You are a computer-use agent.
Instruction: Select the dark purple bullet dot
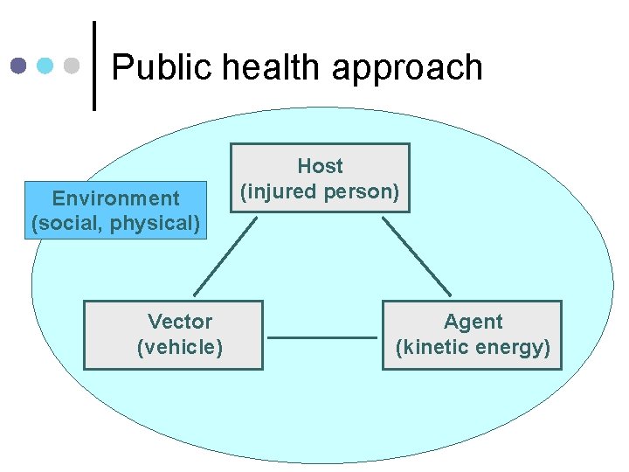(x=19, y=66)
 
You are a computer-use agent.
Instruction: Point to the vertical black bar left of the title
(x=94, y=66)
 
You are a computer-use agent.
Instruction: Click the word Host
(x=320, y=165)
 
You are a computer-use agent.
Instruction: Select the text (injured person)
(x=320, y=191)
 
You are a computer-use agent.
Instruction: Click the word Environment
(x=115, y=198)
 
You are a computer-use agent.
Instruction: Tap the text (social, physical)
(x=115, y=223)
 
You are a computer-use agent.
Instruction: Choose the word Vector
(x=180, y=322)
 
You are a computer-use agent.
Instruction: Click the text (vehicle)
(x=180, y=347)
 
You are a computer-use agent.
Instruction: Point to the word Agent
(x=473, y=322)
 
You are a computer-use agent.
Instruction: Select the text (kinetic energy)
(x=473, y=347)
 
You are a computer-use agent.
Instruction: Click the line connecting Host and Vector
(x=225, y=255)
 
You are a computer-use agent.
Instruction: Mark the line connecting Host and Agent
(x=416, y=255)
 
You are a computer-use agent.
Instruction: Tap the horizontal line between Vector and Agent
(x=321, y=337)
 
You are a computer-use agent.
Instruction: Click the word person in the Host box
(x=365, y=191)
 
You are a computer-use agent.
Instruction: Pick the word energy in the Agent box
(x=515, y=347)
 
